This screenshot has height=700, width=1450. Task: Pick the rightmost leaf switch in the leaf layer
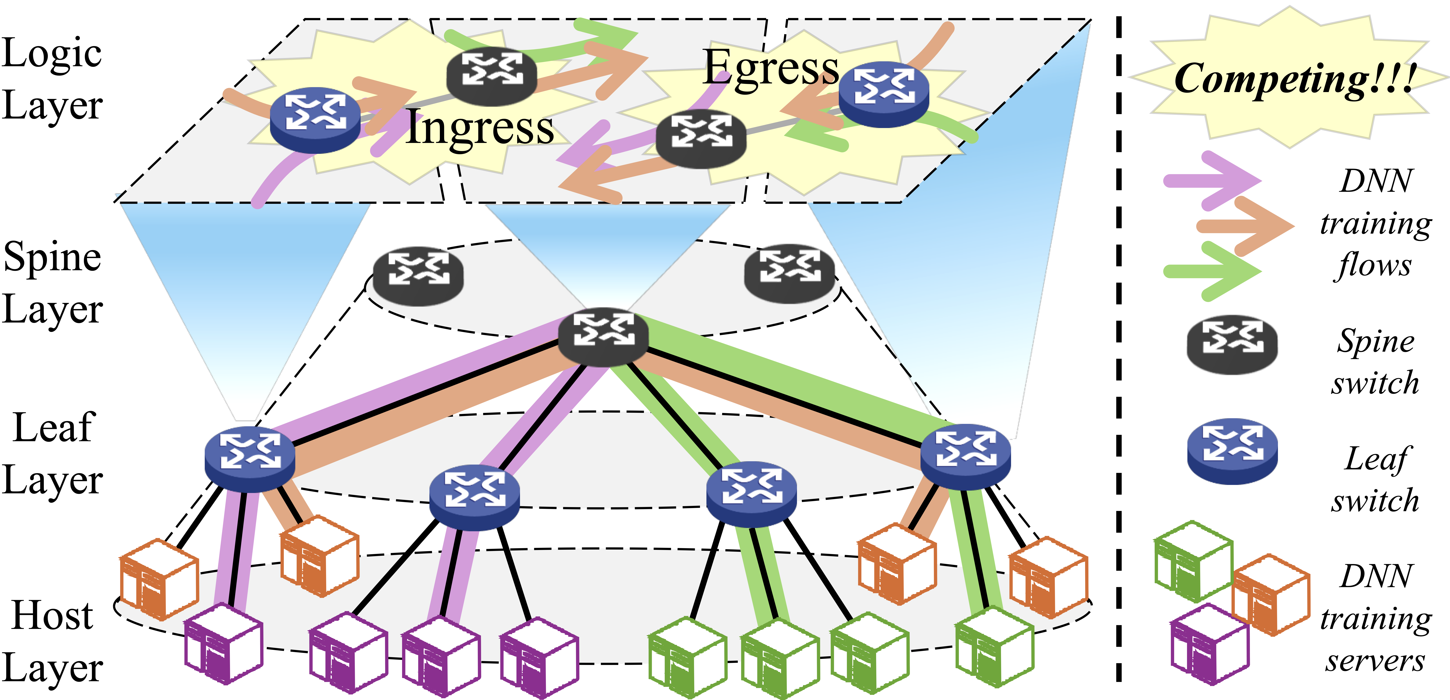pyautogui.click(x=965, y=456)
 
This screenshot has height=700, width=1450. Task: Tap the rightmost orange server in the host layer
pyautogui.click(x=1048, y=577)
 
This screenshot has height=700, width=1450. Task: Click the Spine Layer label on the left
pyautogui.click(x=52, y=283)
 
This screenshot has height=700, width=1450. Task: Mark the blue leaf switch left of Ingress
pyautogui.click(x=315, y=120)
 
